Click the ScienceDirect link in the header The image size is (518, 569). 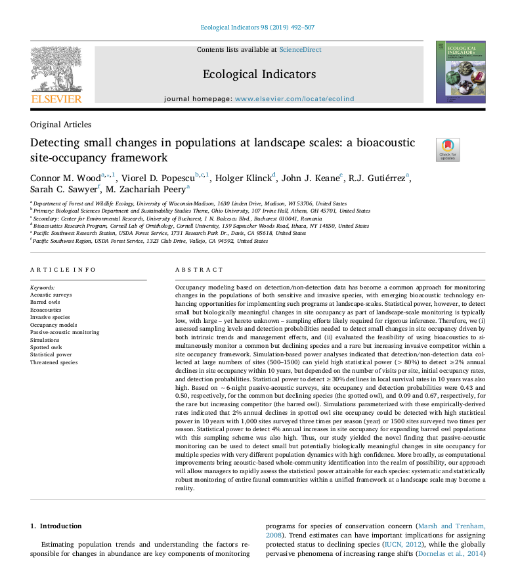[x=300, y=49]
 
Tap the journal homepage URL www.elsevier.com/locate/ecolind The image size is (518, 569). [x=294, y=98]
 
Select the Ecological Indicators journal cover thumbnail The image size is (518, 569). [x=460, y=72]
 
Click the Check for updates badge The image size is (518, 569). [x=448, y=150]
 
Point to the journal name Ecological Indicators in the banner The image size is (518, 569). [x=259, y=74]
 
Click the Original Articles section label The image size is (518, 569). [x=60, y=125]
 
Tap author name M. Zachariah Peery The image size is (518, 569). [x=145, y=189]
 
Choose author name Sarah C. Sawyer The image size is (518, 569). [x=63, y=189]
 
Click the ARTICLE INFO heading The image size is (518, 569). [x=63, y=270]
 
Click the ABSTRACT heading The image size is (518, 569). [x=199, y=270]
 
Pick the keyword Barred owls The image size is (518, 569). [x=45, y=303]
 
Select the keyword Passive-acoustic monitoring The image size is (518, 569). [x=65, y=332]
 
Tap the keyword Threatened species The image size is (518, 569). [x=53, y=362]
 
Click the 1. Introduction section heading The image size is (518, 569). [x=56, y=526]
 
